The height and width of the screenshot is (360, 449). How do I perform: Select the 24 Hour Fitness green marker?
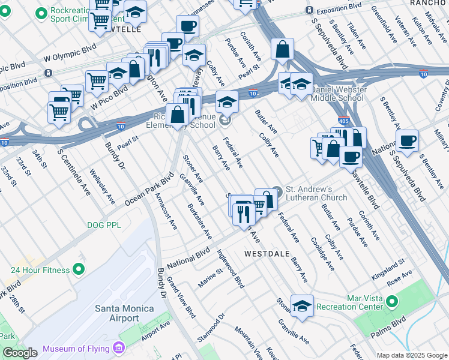coord(78,269)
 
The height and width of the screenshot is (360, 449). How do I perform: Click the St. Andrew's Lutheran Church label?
coord(316,193)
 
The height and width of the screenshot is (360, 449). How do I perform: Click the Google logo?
coord(20,352)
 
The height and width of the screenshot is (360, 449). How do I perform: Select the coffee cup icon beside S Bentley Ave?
coord(407,141)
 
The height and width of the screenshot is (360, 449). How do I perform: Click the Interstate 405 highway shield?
coord(343,121)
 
